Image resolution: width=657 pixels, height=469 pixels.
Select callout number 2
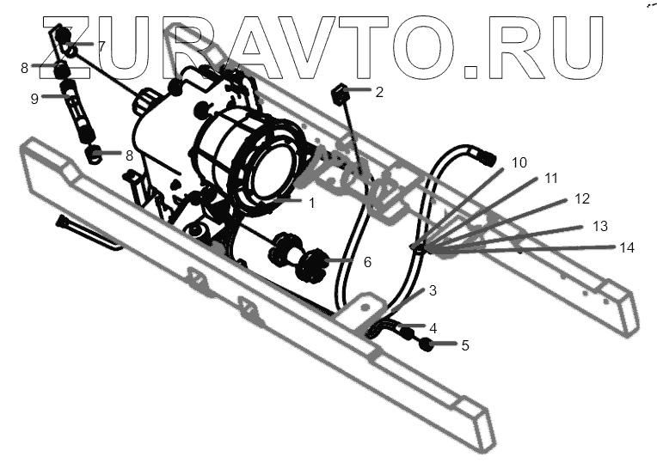(379, 92)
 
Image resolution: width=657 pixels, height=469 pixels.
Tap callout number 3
(433, 291)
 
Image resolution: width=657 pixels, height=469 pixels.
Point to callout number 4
(433, 328)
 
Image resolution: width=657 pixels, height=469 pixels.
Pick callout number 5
(465, 346)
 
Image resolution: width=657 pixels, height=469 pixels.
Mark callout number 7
(101, 46)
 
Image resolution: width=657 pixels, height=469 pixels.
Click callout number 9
(34, 99)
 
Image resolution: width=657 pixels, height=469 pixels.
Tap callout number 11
(551, 179)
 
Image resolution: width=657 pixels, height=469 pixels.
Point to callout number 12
(582, 199)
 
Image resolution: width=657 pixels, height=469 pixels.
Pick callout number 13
(600, 226)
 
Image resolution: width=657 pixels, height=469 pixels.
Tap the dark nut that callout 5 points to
(425, 345)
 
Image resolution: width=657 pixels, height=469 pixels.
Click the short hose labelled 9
(78, 117)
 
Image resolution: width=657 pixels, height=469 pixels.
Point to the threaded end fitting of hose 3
(486, 156)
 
